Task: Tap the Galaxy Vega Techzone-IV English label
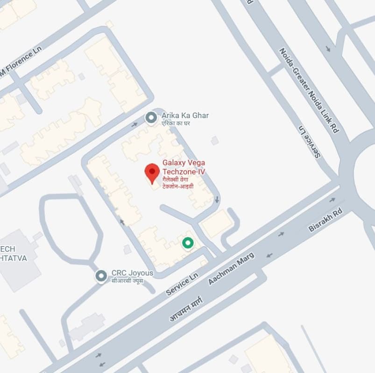click(x=184, y=167)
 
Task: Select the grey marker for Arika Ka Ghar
click(x=151, y=118)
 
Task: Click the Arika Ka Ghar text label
click(x=185, y=115)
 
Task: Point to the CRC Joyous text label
click(x=132, y=273)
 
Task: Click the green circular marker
click(x=188, y=243)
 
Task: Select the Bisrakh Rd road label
click(x=325, y=221)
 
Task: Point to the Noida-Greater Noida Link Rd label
click(x=308, y=91)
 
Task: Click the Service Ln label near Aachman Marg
click(x=182, y=284)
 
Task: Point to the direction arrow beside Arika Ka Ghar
click(x=135, y=124)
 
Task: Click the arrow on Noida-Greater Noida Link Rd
click(x=328, y=49)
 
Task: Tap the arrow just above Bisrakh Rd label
click(x=332, y=200)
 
